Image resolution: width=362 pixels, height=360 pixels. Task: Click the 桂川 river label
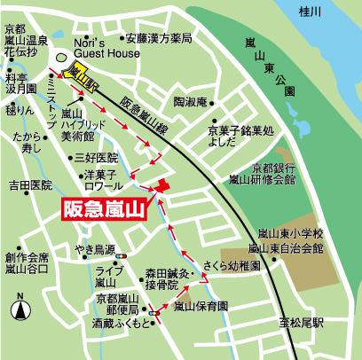[309, 12]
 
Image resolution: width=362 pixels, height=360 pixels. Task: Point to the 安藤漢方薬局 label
[158, 39]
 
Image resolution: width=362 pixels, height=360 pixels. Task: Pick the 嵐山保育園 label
[201, 306]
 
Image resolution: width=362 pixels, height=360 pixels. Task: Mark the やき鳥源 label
[96, 250]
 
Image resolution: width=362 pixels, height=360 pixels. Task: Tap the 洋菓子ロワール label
[102, 181]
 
